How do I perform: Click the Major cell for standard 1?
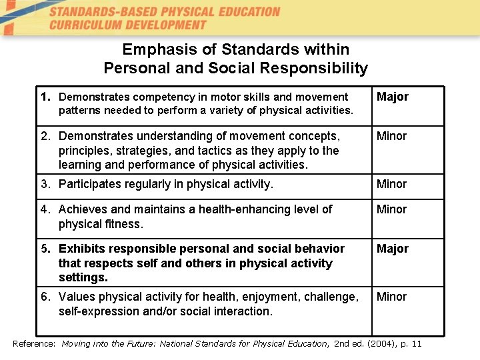(x=393, y=97)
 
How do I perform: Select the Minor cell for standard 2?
(x=391, y=136)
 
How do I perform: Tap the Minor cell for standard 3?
(x=391, y=184)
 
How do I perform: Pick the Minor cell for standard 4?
(x=391, y=209)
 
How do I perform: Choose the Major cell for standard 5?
(x=393, y=249)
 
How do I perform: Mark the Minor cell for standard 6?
(x=391, y=297)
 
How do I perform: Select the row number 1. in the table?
(x=46, y=97)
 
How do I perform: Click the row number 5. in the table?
(x=46, y=249)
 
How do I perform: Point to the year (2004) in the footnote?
(x=382, y=343)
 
